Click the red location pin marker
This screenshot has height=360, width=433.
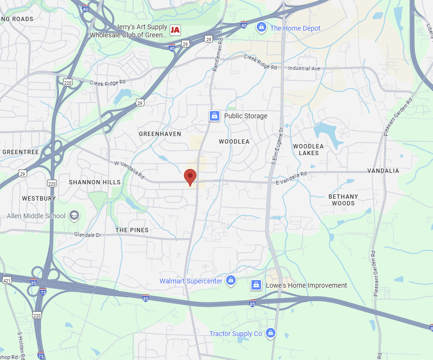[190, 176]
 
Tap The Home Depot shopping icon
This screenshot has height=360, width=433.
[261, 27]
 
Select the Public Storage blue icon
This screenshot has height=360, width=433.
[214, 116]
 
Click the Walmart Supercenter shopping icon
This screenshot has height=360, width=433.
[231, 280]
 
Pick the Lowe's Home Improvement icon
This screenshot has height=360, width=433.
[256, 285]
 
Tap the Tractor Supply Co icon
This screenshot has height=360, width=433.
[271, 333]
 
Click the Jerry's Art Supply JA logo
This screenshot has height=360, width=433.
[175, 30]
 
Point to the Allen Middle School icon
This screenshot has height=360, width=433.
[74, 215]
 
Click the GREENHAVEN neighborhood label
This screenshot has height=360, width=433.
[160, 134]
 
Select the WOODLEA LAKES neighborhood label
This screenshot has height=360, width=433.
[308, 149]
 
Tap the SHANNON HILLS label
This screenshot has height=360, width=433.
[95, 182]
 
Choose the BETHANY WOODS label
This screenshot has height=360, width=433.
[343, 200]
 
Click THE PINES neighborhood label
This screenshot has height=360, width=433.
[132, 230]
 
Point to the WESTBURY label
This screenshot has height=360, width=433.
[39, 198]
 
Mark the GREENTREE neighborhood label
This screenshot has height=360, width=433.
[21, 152]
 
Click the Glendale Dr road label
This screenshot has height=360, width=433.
[88, 235]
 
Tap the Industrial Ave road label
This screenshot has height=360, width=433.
[304, 68]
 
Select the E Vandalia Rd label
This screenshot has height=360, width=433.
[291, 179]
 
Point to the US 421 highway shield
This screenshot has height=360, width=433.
[7, 280]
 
